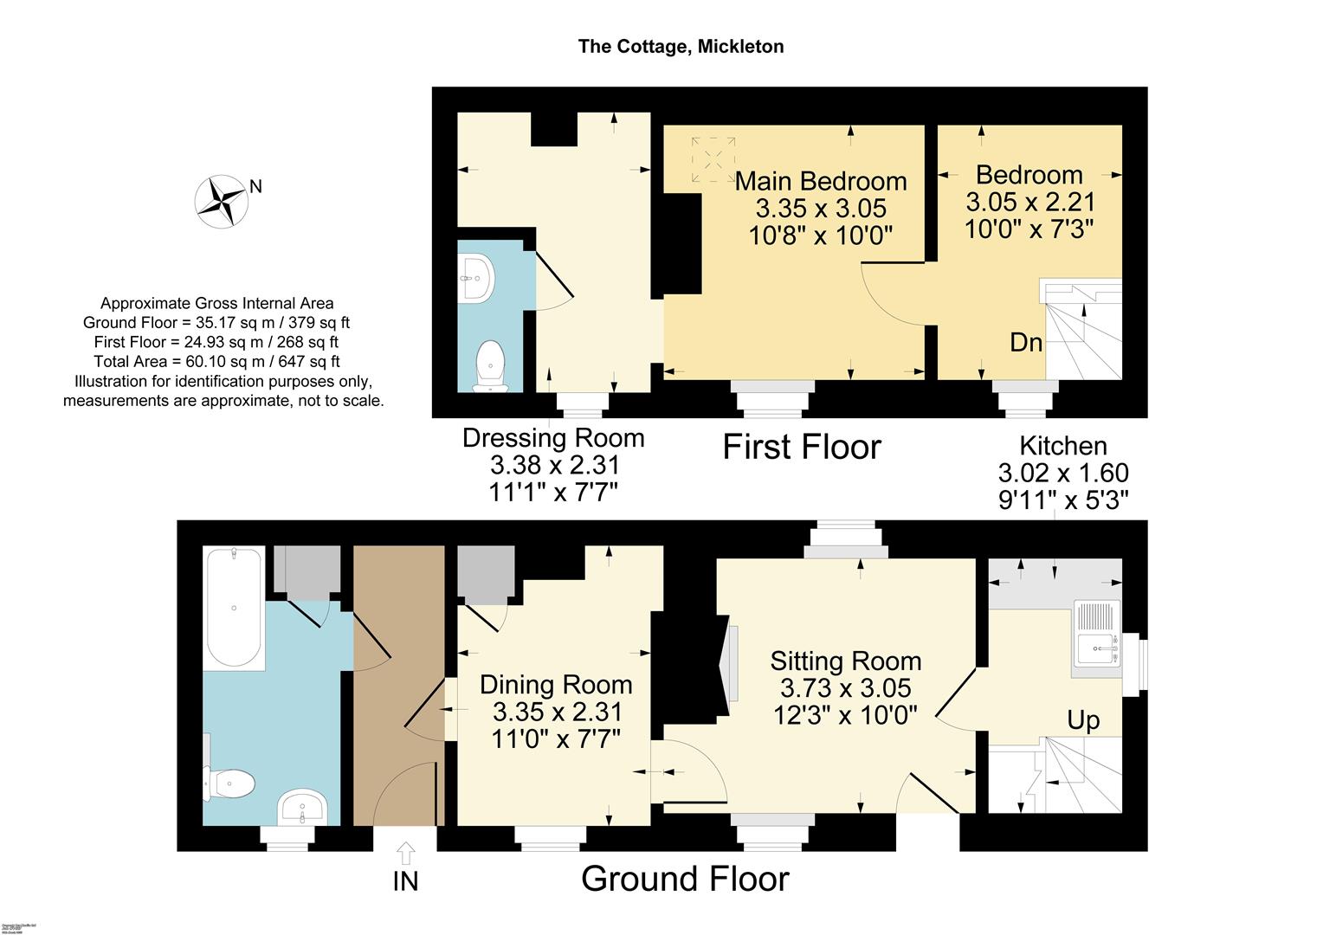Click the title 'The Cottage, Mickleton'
coord(681,47)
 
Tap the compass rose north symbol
coord(222,201)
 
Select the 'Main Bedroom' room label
coord(821,182)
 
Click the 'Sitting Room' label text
coord(845,661)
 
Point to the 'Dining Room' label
coord(556,685)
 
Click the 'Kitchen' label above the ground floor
coord(1062,446)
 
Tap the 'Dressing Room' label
coord(553,438)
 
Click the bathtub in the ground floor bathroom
coord(235,608)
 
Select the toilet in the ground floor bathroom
coord(229,784)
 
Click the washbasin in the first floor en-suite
coord(474,278)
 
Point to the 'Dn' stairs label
coord(1026,343)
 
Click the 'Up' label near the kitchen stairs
coord(1083,720)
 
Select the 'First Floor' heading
coord(802,448)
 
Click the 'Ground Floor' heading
coord(685,879)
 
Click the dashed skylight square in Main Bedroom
coord(713,159)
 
